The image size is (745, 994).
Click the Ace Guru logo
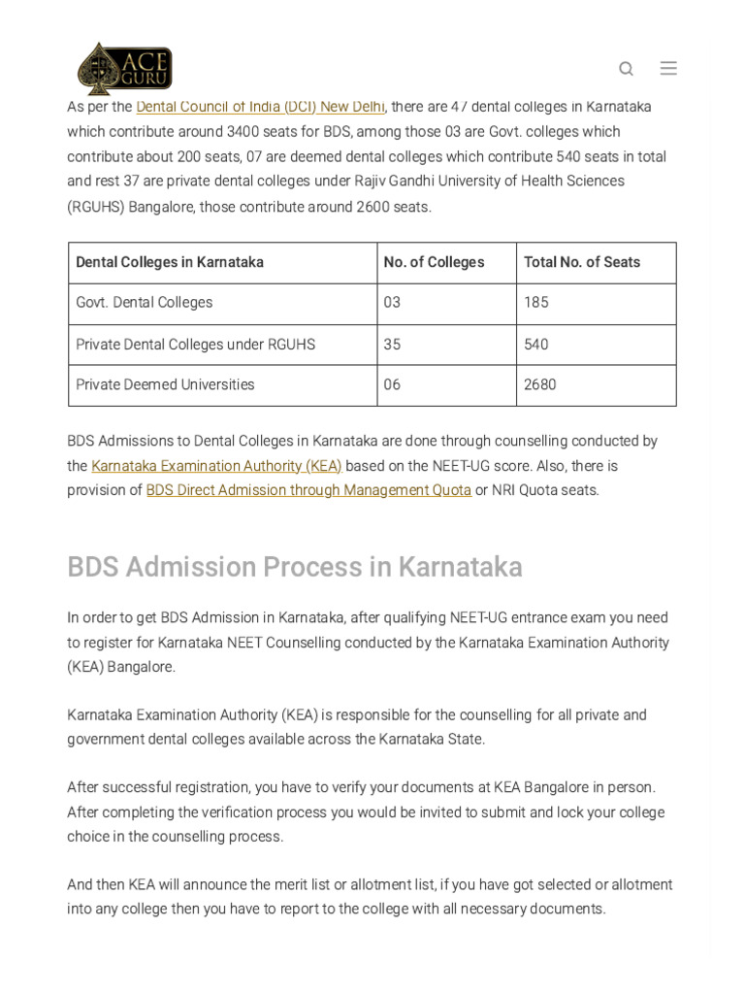(x=124, y=68)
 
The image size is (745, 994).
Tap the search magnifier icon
(x=626, y=68)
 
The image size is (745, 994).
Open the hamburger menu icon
(x=668, y=68)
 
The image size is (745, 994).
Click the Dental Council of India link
(x=260, y=107)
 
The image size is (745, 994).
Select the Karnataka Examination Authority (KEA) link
(x=216, y=466)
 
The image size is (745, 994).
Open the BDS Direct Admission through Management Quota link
(x=308, y=490)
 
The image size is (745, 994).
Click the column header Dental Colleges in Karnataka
(x=170, y=262)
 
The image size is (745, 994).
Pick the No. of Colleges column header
(x=434, y=262)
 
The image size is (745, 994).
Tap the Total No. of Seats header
(x=582, y=262)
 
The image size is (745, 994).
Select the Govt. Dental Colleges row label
(x=145, y=303)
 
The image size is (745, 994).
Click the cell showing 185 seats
(x=536, y=303)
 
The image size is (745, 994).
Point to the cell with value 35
(x=392, y=345)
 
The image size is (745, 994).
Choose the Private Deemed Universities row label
(x=165, y=385)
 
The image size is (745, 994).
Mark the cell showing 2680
(x=540, y=385)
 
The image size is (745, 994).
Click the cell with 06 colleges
(x=392, y=385)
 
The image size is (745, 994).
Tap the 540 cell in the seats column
(x=536, y=345)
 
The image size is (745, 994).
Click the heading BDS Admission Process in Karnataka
(x=295, y=567)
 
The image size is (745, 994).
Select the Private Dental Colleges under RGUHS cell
(x=195, y=345)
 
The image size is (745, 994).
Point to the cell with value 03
(x=392, y=303)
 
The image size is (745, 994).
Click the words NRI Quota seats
(x=545, y=490)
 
